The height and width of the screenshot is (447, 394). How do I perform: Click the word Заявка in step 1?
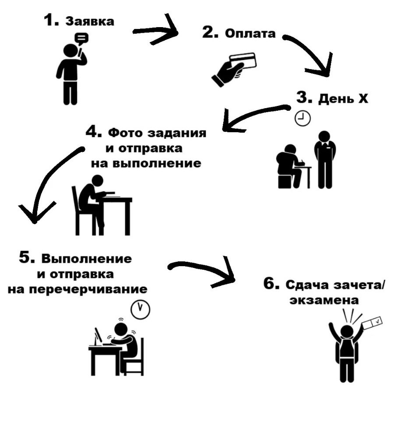(90, 21)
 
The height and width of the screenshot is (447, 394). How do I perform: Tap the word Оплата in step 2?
(250, 34)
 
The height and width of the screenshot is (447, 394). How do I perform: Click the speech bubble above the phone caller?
(81, 39)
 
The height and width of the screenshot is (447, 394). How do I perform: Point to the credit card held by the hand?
(243, 60)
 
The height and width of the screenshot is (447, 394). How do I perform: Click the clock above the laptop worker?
(141, 309)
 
